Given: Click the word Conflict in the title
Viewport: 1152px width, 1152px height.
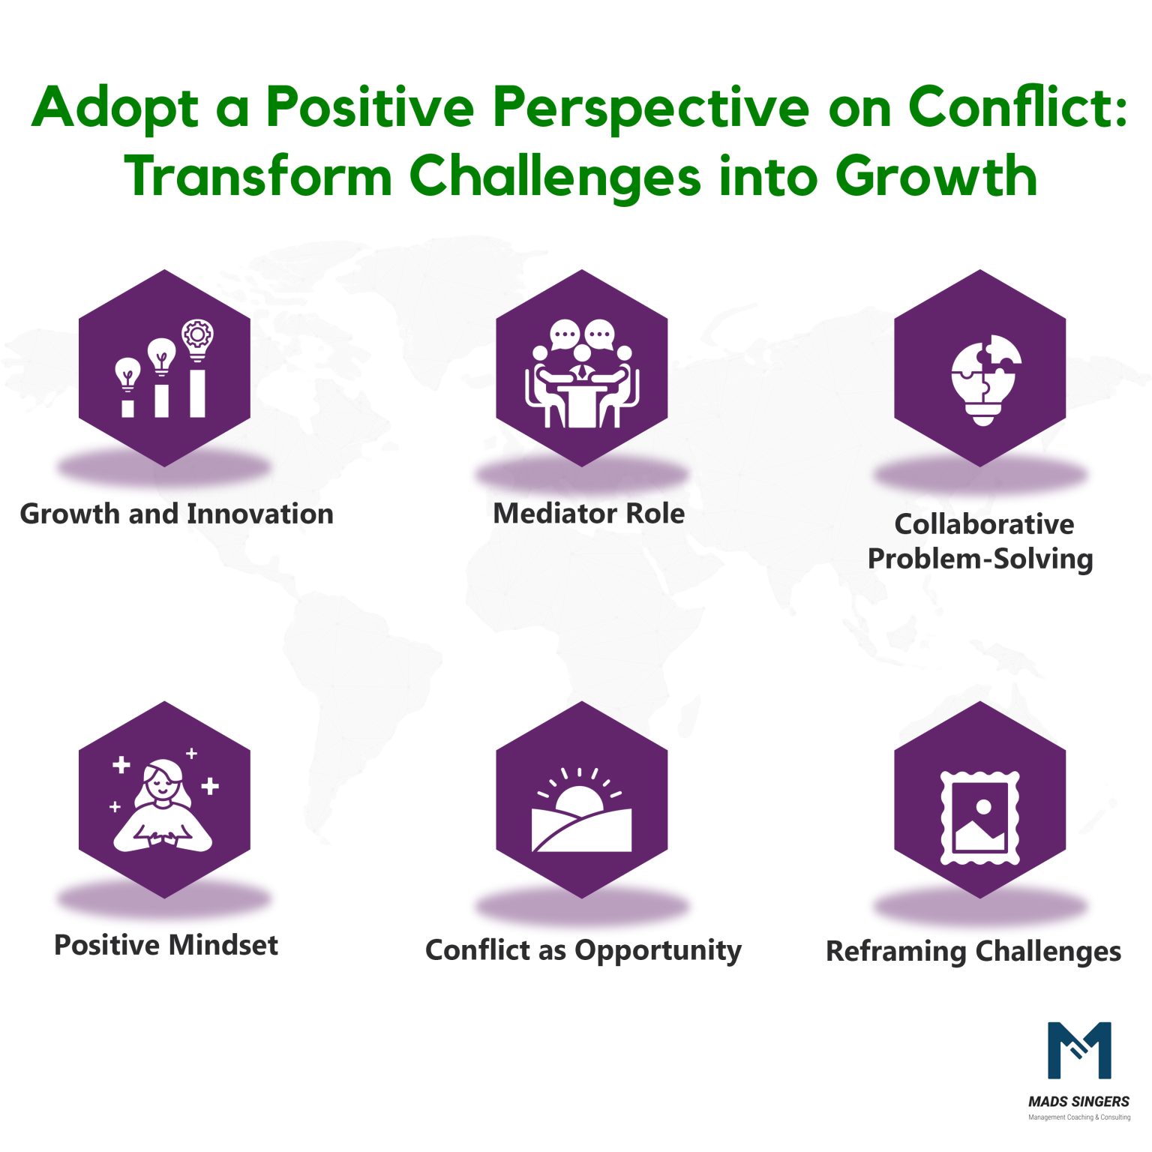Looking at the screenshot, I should (1016, 106).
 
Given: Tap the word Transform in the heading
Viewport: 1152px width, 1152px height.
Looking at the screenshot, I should (258, 177).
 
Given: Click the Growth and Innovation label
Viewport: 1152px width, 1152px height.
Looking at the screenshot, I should (176, 514).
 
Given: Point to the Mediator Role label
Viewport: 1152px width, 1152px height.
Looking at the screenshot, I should (589, 514).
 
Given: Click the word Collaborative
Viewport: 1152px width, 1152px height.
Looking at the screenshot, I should (983, 524).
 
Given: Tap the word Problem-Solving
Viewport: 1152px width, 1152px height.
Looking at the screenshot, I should (979, 559).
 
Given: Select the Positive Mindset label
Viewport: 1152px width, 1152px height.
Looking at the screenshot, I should (166, 945).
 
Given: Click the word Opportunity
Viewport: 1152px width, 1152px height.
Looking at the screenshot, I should (658, 950).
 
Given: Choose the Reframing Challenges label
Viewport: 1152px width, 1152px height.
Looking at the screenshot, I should (973, 951).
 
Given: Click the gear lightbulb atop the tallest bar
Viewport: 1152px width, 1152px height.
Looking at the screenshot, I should (197, 339).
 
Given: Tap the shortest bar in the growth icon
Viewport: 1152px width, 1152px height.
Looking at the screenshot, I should (127, 408).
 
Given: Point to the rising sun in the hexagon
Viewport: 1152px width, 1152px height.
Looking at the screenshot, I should (578, 799).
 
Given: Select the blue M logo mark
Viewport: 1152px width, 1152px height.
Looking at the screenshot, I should (1078, 1049).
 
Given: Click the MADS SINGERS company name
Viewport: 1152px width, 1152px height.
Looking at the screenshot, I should (1078, 1102).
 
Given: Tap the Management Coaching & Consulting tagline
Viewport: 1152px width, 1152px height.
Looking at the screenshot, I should (1078, 1117).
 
